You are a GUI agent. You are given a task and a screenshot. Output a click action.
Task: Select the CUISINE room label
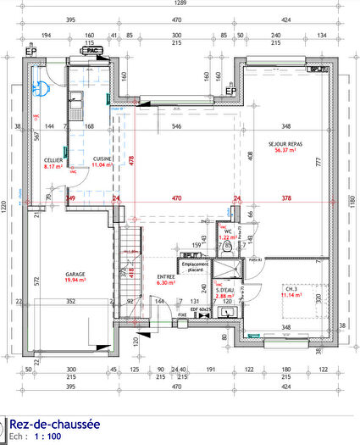click(x=102, y=159)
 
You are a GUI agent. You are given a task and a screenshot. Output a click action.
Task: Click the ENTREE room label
click(x=166, y=276)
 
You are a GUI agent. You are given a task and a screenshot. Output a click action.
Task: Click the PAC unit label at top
click(x=94, y=50)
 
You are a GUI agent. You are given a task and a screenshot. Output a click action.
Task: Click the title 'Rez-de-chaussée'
click(x=54, y=424)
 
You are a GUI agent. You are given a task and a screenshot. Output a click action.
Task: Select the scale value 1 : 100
click(x=47, y=437)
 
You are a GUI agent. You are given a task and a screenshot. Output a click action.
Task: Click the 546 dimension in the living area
click(x=176, y=126)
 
